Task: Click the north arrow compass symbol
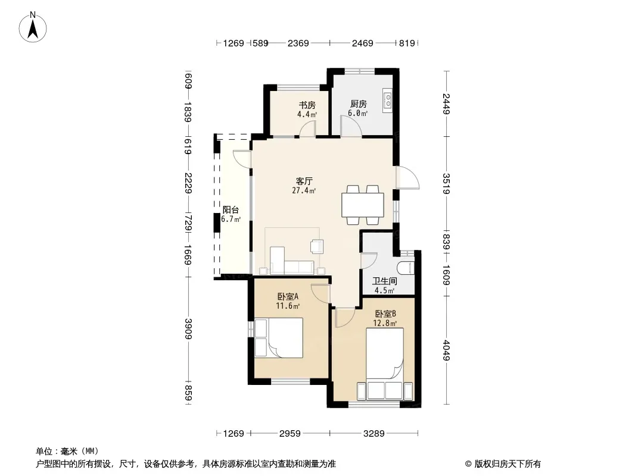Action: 33,27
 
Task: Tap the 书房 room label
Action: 307,105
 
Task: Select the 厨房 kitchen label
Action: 359,104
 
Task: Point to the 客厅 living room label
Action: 304,181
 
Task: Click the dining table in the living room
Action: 362,205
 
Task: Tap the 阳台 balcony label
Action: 231,210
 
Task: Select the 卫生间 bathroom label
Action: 385,281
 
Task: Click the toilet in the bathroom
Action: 406,268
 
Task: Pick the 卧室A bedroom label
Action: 288,296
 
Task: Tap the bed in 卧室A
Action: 279,338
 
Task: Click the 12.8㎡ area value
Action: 385,323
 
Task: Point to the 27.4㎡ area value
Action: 304,190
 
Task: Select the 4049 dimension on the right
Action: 446,350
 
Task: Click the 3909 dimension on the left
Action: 188,329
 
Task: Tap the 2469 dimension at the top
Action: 362,43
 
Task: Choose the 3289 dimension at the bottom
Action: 373,434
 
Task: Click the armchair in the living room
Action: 317,246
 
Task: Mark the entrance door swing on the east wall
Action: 407,177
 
